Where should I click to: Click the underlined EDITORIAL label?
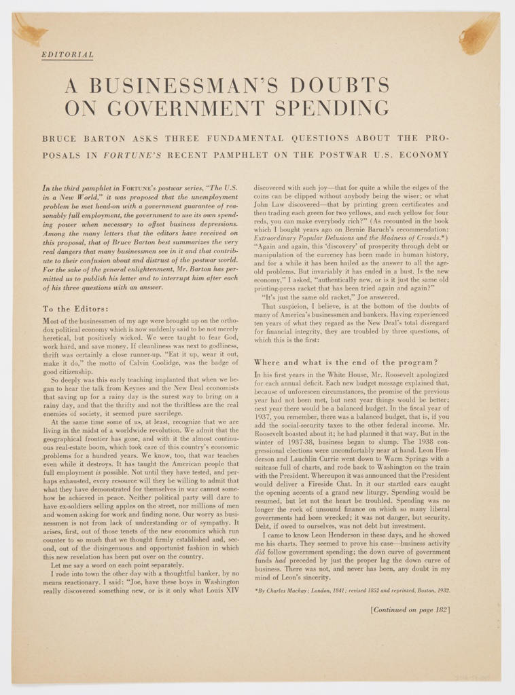pyautogui.click(x=67, y=54)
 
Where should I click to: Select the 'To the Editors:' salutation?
pyautogui.click(x=75, y=309)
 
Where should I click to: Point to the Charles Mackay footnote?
pyautogui.click(x=352, y=590)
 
